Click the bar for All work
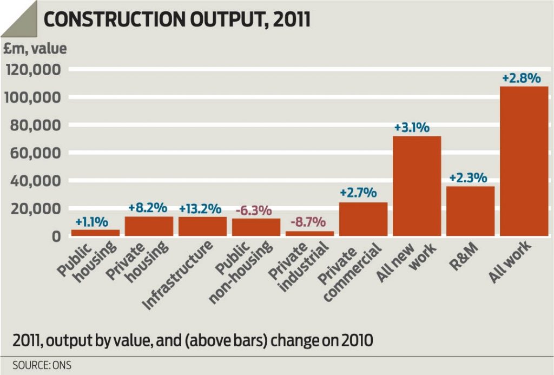(524, 161)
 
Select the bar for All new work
(417, 186)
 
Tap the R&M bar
(470, 211)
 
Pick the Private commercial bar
(363, 219)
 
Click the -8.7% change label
(308, 222)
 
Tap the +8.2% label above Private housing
(149, 208)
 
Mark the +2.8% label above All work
(522, 78)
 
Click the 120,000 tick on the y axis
(34, 70)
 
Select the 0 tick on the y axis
(56, 236)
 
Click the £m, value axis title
(36, 49)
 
